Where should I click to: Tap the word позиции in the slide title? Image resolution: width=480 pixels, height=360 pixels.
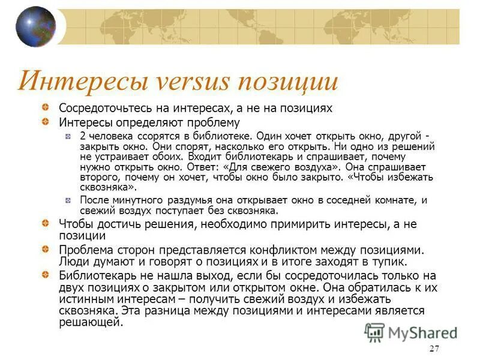click(x=289, y=81)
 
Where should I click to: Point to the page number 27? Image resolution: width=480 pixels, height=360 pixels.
click(x=435, y=350)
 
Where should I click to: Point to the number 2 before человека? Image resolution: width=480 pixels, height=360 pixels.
click(x=83, y=136)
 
